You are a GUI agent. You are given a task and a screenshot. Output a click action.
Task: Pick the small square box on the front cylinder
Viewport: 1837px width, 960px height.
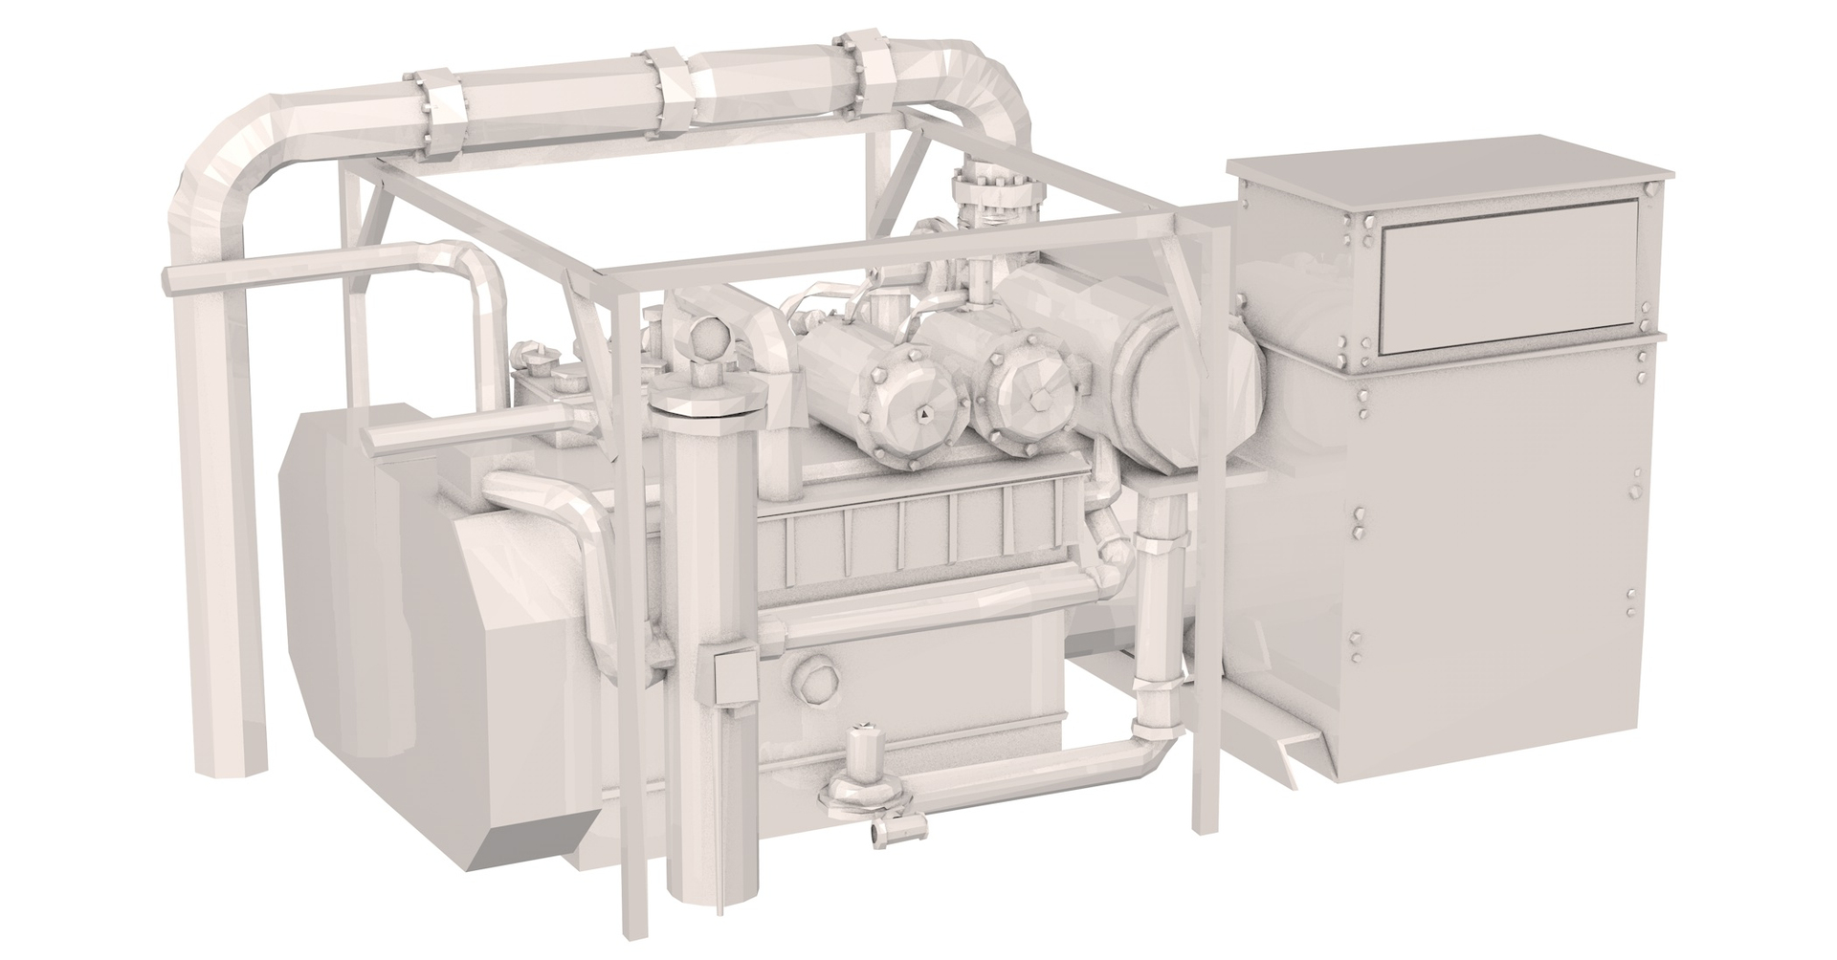click(734, 677)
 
